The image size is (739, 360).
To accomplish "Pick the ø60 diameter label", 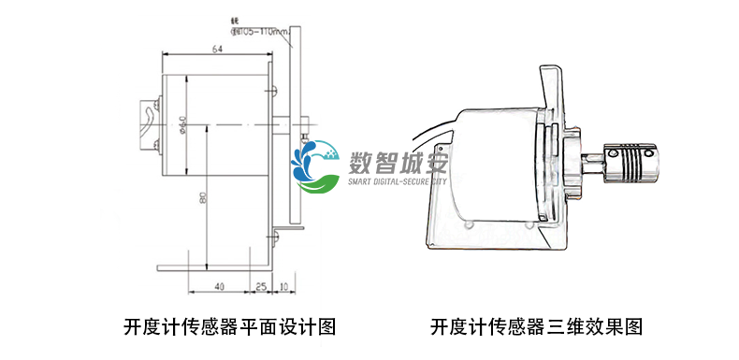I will point(182,124).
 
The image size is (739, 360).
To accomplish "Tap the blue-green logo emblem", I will point(317,165).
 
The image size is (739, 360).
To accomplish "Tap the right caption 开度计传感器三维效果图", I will point(537,327).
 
